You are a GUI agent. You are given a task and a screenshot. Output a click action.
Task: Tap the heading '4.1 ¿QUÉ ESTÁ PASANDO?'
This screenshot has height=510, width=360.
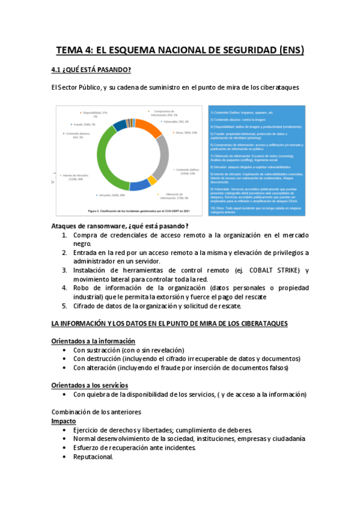tap(91, 70)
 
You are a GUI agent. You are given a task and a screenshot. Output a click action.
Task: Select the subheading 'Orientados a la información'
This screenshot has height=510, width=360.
tap(93, 341)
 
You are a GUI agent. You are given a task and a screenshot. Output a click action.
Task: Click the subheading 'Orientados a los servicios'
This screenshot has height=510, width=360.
tap(90, 385)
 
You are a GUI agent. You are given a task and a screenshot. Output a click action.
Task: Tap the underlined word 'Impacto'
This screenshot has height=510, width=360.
tap(64, 421)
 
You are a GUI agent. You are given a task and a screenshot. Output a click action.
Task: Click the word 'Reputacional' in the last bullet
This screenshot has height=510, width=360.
tap(93, 456)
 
